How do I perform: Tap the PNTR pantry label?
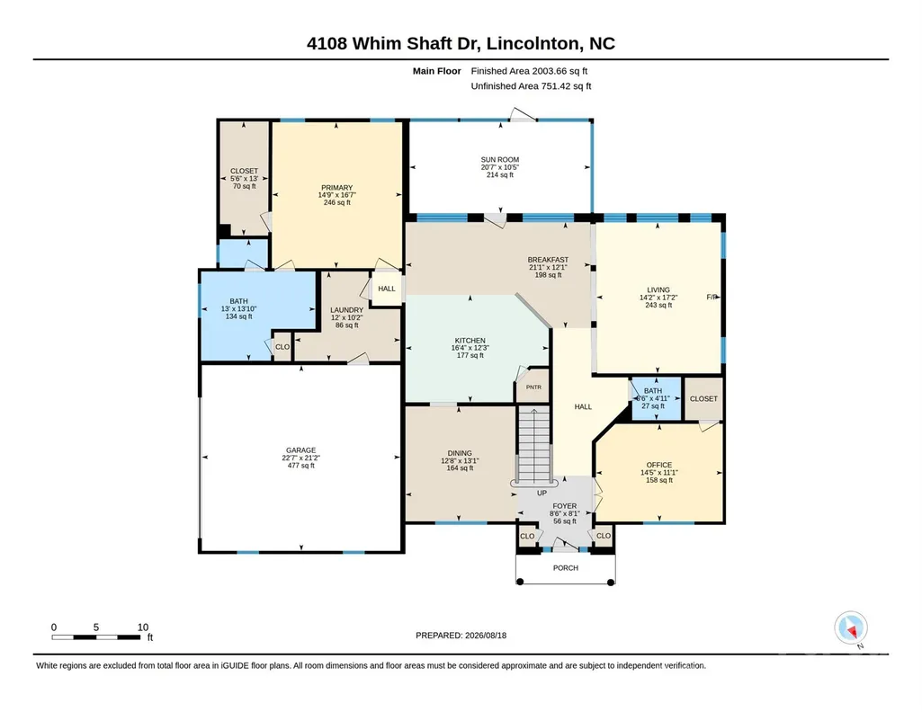(533, 387)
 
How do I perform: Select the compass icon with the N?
(850, 627)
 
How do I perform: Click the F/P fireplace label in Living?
(712, 298)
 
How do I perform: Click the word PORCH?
(566, 568)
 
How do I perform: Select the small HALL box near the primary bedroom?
(387, 289)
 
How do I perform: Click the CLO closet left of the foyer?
(528, 536)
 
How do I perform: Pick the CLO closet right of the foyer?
(604, 536)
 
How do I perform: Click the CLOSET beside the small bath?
(703, 399)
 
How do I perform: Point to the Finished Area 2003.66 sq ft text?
(529, 71)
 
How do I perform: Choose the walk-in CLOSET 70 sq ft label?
(244, 179)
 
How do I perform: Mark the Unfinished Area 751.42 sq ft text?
(531, 86)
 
